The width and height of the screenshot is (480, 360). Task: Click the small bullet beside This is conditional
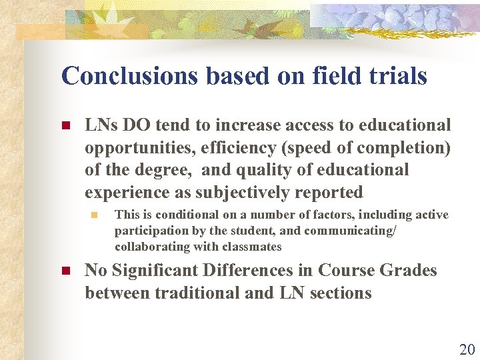tap(94, 215)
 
